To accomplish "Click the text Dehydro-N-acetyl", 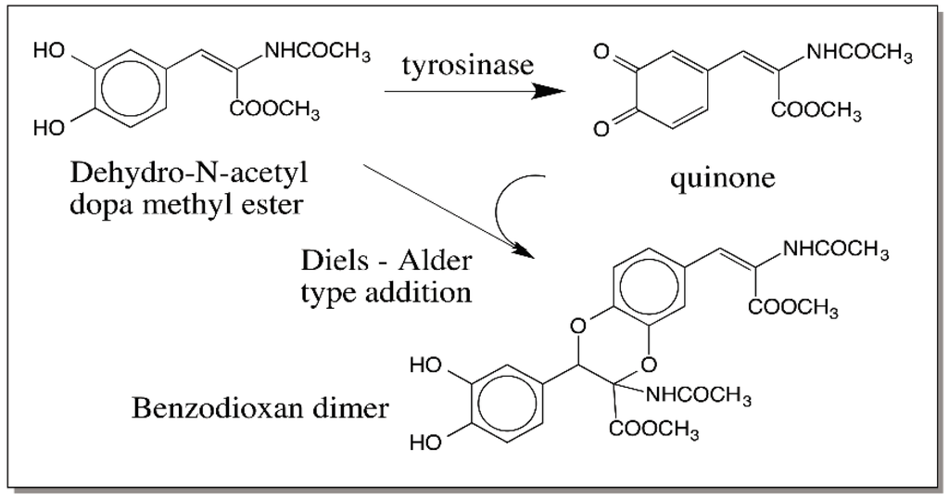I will point(177,173).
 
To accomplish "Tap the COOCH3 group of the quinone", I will point(816,114).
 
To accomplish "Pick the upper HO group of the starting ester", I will point(50,53).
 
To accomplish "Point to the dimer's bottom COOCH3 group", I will point(653,430).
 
